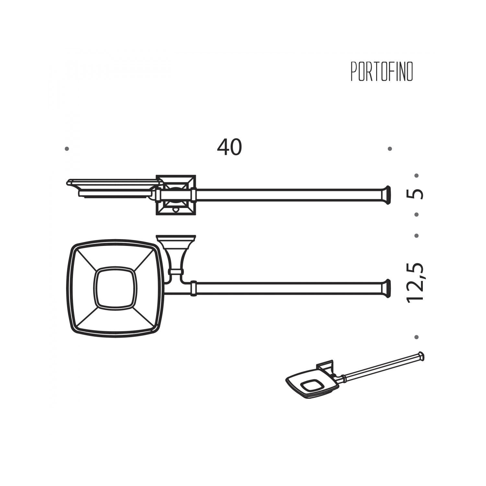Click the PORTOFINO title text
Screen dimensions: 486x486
coord(382,72)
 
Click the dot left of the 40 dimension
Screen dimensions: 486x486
coord(67,149)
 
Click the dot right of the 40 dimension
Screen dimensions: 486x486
coord(390,149)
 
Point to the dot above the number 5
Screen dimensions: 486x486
coord(417,176)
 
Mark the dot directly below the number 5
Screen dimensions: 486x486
coord(417,214)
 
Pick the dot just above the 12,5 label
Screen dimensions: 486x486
coord(417,236)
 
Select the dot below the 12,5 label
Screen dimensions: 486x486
coord(417,337)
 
